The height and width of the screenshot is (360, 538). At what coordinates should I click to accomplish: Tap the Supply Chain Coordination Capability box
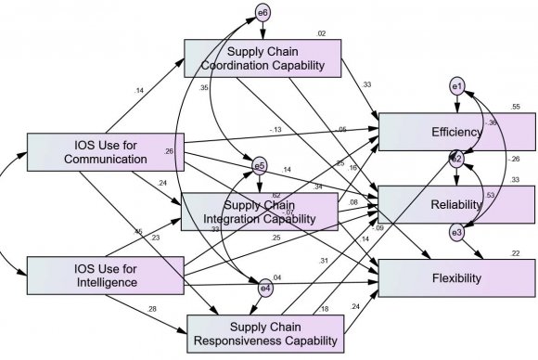(263, 58)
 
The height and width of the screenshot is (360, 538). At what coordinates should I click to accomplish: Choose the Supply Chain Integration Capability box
(259, 211)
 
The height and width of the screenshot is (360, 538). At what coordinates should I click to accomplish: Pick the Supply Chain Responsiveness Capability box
(265, 332)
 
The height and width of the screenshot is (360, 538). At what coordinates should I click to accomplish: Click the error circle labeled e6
(263, 13)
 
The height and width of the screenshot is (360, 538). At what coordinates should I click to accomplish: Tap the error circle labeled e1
(455, 86)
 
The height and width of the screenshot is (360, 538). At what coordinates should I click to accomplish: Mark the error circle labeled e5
(261, 167)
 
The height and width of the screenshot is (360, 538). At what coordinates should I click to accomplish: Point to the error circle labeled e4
(265, 289)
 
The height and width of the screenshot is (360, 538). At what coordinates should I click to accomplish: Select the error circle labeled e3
(455, 232)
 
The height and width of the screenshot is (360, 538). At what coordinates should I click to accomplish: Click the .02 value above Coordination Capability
(321, 33)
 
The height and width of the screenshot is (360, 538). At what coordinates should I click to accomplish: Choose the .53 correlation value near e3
(489, 195)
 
